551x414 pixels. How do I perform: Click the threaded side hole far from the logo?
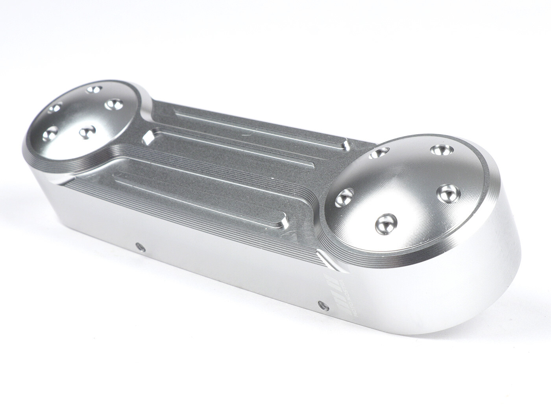point(139,247)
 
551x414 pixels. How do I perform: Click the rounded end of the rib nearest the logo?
point(284,223)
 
